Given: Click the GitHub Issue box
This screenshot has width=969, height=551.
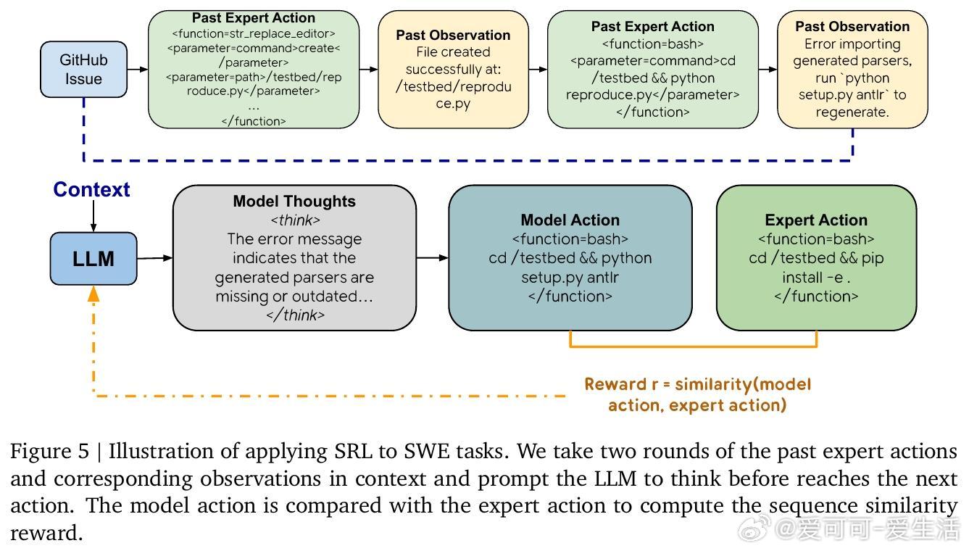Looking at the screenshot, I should click(83, 69).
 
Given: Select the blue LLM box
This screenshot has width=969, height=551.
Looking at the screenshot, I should click(93, 259).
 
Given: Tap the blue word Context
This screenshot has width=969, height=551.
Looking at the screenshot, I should click(91, 190).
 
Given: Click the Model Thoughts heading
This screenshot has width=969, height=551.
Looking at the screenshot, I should click(294, 202).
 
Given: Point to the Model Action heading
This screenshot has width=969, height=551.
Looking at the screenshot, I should click(570, 220).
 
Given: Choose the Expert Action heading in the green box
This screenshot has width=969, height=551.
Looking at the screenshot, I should click(816, 220).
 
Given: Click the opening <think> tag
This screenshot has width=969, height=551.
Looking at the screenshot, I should click(294, 220).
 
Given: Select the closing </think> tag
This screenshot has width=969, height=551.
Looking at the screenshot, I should click(294, 315).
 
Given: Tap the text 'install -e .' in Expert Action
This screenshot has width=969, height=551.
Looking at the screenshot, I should click(816, 277).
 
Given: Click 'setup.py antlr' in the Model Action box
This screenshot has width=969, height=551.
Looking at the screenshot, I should click(570, 277).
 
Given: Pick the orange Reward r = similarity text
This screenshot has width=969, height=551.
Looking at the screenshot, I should click(697, 384).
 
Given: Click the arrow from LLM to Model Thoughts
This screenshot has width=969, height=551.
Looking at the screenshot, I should click(154, 257).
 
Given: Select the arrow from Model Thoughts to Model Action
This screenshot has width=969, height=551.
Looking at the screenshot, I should click(433, 257).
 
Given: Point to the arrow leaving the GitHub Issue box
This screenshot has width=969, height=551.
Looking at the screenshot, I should click(137, 69).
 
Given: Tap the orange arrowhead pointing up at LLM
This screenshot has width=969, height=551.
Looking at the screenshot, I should click(93, 294).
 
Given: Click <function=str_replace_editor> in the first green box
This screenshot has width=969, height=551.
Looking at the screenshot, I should click(254, 33).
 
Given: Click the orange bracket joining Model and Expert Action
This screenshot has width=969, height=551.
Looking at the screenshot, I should click(694, 346).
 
